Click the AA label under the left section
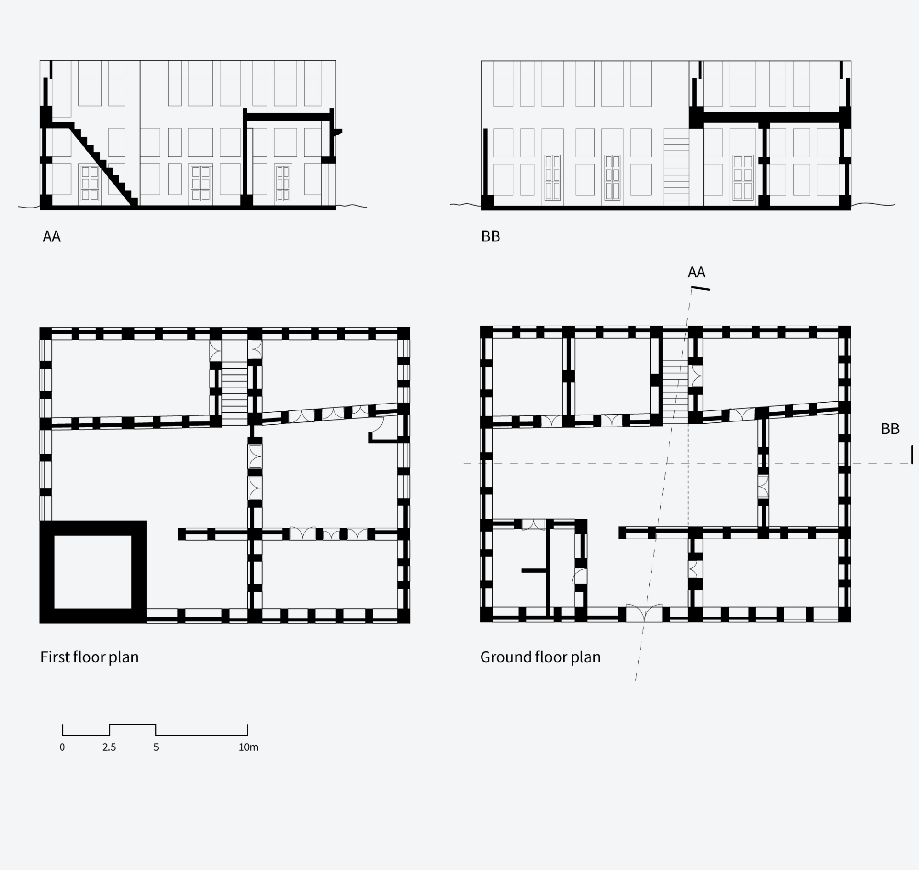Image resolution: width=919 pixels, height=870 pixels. [51, 237]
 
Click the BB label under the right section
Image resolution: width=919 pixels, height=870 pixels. [491, 236]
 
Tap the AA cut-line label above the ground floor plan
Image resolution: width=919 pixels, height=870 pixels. [696, 272]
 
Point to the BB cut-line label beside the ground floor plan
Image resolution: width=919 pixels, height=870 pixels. [890, 429]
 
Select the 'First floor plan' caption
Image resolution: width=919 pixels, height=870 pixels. [90, 657]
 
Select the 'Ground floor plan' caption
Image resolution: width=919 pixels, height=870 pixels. [540, 657]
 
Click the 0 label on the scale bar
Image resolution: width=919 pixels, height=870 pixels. [62, 747]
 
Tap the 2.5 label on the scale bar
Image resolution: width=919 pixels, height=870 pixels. [109, 747]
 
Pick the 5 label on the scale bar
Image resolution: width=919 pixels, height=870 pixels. [156, 747]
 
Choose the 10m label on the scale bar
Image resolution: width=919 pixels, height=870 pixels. [248, 747]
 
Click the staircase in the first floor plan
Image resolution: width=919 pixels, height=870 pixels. [235, 394]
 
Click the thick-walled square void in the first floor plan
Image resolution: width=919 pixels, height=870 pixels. [93, 572]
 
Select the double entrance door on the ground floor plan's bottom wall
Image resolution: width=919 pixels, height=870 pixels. [644, 613]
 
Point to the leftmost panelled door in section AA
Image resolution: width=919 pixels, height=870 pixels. [90, 183]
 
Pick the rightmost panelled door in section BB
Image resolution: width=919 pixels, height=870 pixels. [743, 177]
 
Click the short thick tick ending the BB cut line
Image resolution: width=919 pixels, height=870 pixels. [912, 455]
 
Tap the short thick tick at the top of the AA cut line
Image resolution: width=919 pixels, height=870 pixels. [701, 289]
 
